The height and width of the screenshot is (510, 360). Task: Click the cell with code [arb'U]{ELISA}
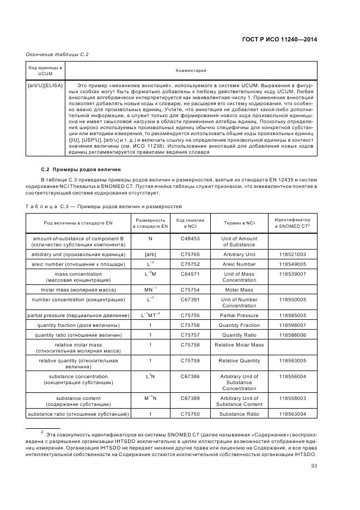tap(45, 86)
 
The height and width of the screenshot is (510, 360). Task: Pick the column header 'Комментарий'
tap(191, 70)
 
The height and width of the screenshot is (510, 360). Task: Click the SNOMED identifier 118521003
tap(292, 254)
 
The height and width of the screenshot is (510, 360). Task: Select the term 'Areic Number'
tap(239, 264)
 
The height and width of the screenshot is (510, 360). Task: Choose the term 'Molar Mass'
tap(239, 290)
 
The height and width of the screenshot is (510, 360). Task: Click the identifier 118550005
tap(292, 300)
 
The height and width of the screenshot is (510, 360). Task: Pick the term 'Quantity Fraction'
tap(239, 325)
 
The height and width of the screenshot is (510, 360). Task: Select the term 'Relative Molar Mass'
tap(239, 345)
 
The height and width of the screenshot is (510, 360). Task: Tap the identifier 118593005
tap(292, 361)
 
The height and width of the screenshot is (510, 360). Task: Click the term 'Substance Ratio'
tap(239, 415)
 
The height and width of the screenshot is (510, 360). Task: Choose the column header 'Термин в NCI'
tap(239, 223)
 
